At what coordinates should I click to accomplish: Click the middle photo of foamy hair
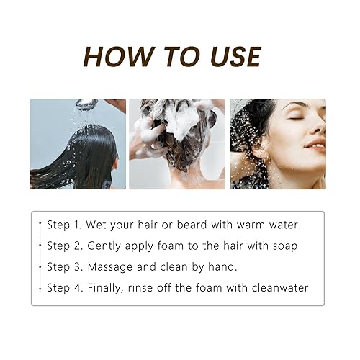pyautogui.click(x=177, y=144)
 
